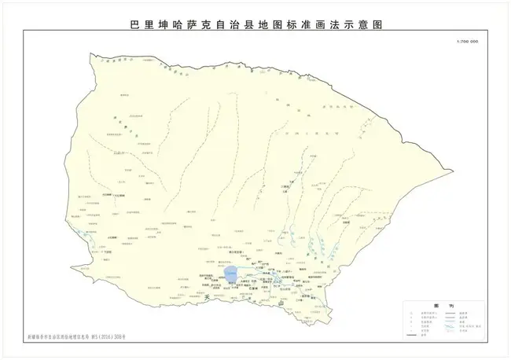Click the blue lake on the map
point(230,274)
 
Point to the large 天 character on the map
point(207,298)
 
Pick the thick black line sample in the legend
point(410,335)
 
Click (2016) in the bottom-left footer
point(103,336)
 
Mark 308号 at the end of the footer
point(119,336)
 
